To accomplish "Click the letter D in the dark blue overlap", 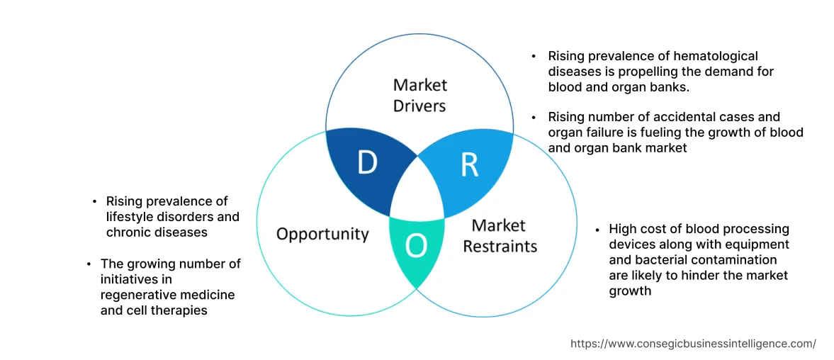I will (x=366, y=163).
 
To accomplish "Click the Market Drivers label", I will (x=420, y=95).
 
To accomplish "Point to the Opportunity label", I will (x=322, y=234).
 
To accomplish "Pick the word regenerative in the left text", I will (x=137, y=295).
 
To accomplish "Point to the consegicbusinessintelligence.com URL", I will (x=693, y=344).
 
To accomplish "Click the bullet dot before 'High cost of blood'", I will (x=599, y=230).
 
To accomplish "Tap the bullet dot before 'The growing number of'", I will (x=89, y=264).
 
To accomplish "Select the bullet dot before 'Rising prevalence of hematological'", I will (x=534, y=56).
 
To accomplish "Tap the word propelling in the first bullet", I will (x=656, y=72).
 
